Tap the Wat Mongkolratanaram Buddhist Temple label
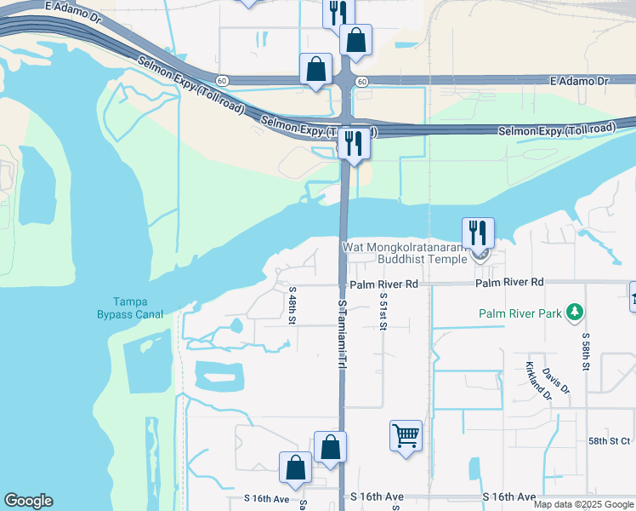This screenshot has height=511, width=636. tap(405, 253)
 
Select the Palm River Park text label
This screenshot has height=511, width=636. tap(520, 313)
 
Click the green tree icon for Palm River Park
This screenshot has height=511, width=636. tap(576, 313)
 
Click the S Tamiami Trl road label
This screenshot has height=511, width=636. tap(342, 332)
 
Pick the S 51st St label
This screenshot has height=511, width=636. tap(383, 314)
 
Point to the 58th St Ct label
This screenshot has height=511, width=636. tap(610, 440)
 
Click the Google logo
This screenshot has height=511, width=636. tap(28, 501)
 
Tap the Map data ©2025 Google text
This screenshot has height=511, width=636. tap(584, 504)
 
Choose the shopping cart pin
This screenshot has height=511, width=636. tap(406, 436)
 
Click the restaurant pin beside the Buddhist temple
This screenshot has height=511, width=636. tap(477, 233)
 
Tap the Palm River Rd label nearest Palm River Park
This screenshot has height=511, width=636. tap(509, 282)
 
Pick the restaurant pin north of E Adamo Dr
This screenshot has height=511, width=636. tap(338, 12)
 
